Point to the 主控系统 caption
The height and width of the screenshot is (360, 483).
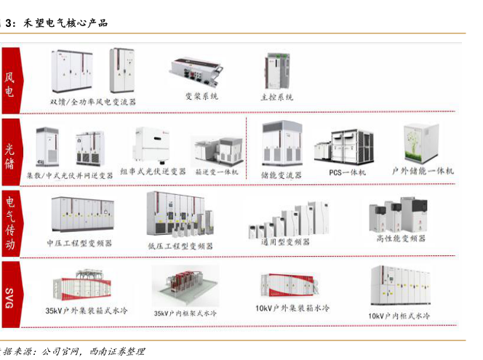pyautogui.click(x=276, y=97)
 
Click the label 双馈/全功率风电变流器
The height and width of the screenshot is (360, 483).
pyautogui.click(x=93, y=102)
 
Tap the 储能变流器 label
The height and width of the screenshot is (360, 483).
pyautogui.click(x=282, y=175)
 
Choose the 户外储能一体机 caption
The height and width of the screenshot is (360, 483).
pyautogui.click(x=423, y=171)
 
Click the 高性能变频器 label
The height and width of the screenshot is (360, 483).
pyautogui.click(x=401, y=238)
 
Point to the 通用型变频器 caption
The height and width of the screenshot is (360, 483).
pyautogui.click(x=286, y=241)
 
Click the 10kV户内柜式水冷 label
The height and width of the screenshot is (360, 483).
pyautogui.click(x=399, y=316)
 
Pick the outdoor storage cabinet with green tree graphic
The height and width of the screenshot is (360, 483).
pyautogui.click(x=421, y=143)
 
